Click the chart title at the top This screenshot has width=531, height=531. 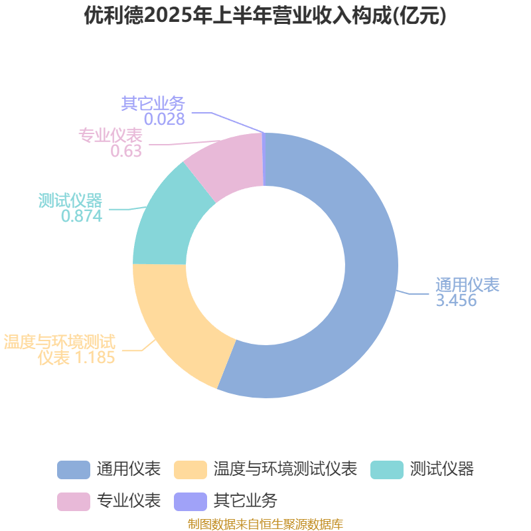tap(265, 15)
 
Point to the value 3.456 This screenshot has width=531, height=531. tap(456, 301)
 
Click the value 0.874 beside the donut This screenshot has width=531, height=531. tap(82, 216)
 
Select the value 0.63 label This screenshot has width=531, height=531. tap(126, 151)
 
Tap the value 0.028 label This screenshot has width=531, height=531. tap(165, 119)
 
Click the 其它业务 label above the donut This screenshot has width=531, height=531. tap(153, 104)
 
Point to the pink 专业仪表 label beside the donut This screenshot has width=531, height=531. tap(110, 135)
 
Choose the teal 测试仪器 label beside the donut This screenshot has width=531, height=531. tap(70, 200)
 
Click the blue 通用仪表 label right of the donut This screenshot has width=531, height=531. tap(467, 285)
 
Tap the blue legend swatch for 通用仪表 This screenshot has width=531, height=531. tap(74, 470)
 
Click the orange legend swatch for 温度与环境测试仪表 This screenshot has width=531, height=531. tap(190, 470)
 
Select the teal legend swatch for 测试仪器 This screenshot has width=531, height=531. tap(387, 470)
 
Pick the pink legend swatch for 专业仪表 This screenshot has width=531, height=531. tap(74, 502)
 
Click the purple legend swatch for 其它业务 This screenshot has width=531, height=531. tap(190, 502)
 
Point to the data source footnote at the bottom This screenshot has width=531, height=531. tap(265, 524)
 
